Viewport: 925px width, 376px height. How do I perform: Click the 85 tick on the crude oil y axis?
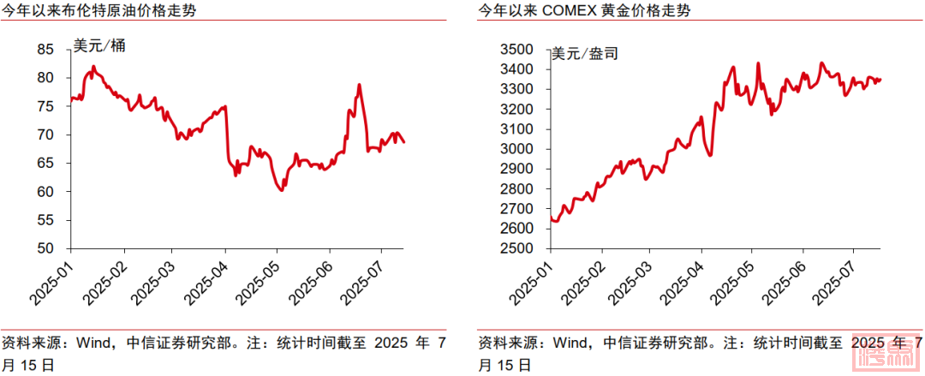pyautogui.click(x=45, y=50)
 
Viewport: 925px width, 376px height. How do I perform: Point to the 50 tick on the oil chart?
pyautogui.click(x=45, y=248)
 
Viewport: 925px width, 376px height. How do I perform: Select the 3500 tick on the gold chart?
pyautogui.click(x=522, y=50)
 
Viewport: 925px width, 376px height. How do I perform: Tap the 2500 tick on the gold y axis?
pyautogui.click(x=522, y=248)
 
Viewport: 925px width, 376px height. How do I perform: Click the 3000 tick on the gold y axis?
pyautogui.click(x=522, y=149)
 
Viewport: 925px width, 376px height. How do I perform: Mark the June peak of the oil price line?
pyautogui.click(x=359, y=85)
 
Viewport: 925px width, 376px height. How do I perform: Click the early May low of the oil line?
pyautogui.click(x=281, y=190)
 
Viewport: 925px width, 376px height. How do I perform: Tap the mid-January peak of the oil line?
pyautogui.click(x=93, y=67)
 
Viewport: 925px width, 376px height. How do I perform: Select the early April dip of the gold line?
pyautogui.click(x=710, y=155)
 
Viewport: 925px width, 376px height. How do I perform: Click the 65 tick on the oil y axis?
pyautogui.click(x=45, y=163)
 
